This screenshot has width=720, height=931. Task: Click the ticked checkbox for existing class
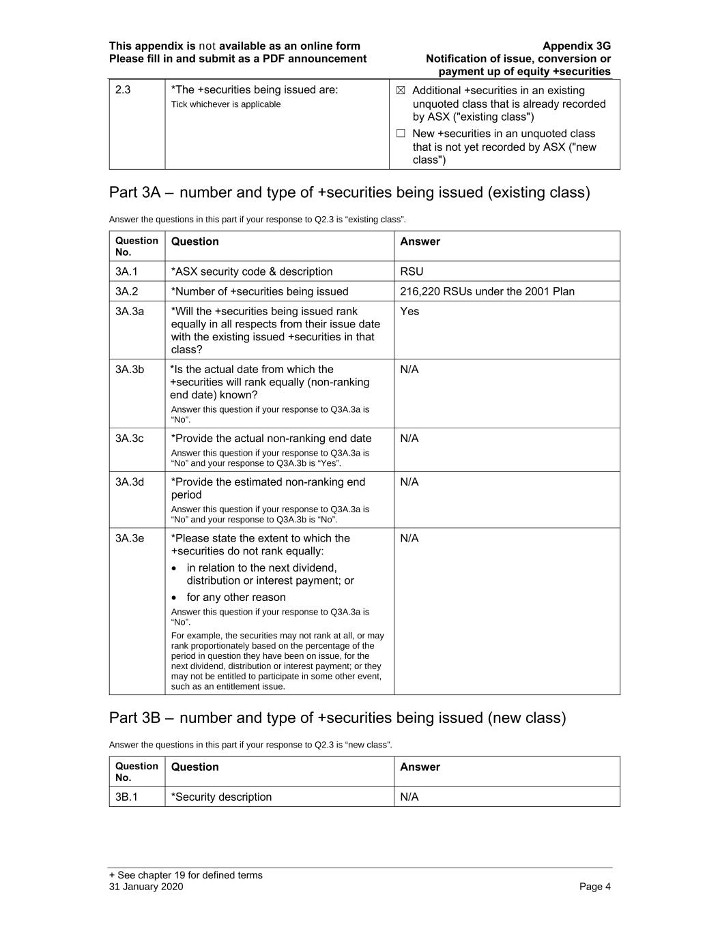[x=401, y=91]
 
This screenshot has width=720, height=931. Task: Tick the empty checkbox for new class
[x=401, y=134]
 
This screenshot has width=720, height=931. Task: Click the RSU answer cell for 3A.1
[x=412, y=271]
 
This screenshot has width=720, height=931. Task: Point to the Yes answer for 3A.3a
[x=409, y=311]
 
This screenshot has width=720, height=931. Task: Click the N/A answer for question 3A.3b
[x=409, y=369]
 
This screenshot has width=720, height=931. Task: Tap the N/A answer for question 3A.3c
[x=409, y=438]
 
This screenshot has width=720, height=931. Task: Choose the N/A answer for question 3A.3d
[x=409, y=482]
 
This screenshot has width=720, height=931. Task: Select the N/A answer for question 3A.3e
[x=409, y=538]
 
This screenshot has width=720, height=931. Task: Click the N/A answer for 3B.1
[x=409, y=797]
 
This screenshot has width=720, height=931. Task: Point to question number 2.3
[x=123, y=90]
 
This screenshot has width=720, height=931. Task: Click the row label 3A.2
[x=126, y=291]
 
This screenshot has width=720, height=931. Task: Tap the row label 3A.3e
[x=130, y=538]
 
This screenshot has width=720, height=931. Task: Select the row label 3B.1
[x=126, y=797]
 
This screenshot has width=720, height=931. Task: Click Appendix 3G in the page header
[x=577, y=46]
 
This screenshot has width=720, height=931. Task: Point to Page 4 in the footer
[x=594, y=887]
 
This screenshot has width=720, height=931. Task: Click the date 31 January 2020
[x=146, y=887]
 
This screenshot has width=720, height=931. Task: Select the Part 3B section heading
[x=337, y=718]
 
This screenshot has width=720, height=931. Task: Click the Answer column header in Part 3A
[x=420, y=241]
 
